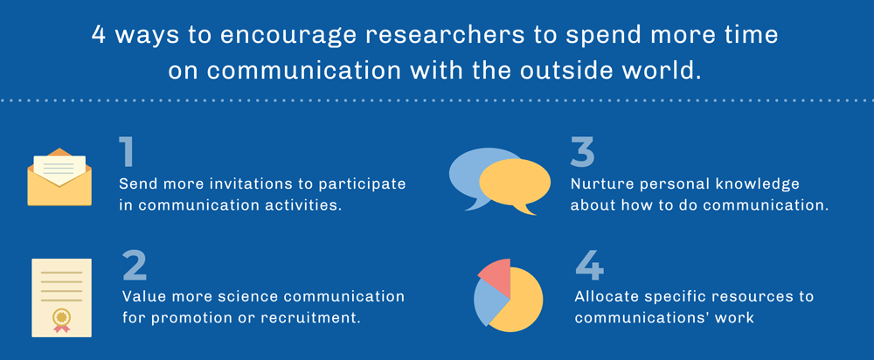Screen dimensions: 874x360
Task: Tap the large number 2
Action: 135,267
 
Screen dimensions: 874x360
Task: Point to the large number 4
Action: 589,267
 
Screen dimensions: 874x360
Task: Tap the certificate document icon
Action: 61,298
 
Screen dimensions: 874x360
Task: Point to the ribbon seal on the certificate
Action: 61,319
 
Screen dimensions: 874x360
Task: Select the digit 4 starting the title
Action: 99,36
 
